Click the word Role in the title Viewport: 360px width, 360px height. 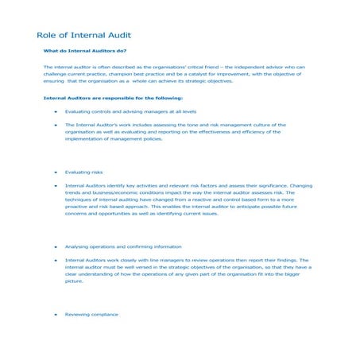coord(47,36)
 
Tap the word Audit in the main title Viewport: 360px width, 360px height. coord(118,36)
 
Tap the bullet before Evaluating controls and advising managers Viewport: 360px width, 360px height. coord(54,112)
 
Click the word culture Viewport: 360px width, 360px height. coord(267,126)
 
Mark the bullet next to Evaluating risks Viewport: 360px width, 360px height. coord(54,172)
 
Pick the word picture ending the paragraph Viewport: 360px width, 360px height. coord(74,281)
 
